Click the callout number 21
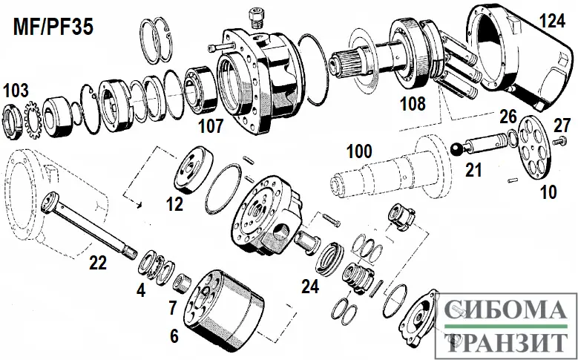(473, 170)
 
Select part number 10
(548, 193)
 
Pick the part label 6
(174, 336)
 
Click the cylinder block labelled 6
(223, 304)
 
